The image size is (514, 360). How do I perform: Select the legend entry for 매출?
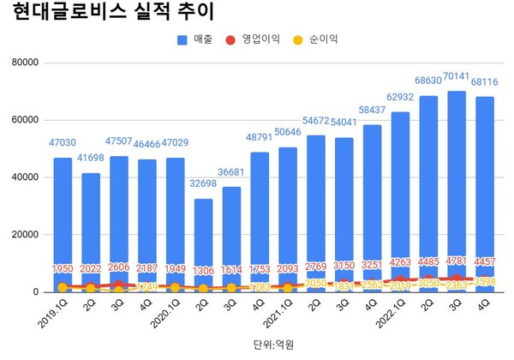(196, 40)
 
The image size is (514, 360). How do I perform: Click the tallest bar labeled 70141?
(457, 189)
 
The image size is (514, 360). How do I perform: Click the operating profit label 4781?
(457, 261)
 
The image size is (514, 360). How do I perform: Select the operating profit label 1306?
(202, 269)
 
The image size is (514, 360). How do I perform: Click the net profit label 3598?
(486, 281)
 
